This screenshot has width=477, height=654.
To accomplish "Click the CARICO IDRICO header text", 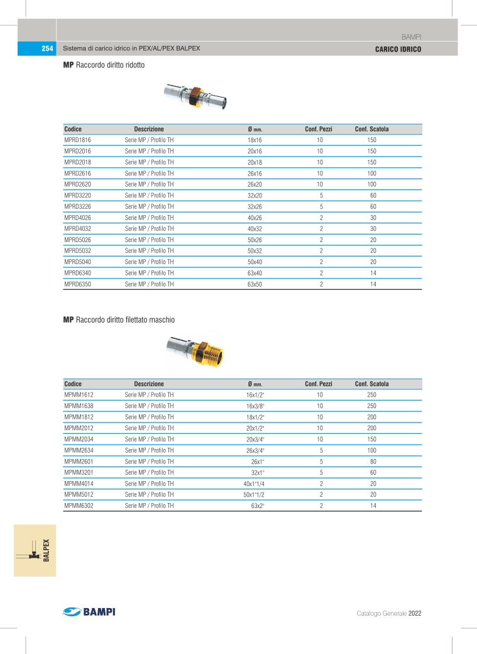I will click(x=398, y=49).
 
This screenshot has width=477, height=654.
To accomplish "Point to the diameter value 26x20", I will click(x=255, y=184).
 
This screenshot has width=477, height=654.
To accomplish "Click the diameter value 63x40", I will click(x=255, y=273).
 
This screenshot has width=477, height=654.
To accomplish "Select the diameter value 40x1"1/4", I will click(x=254, y=484).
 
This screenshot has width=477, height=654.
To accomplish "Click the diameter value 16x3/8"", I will click(x=255, y=406).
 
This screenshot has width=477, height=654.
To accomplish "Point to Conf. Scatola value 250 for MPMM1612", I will click(x=371, y=395).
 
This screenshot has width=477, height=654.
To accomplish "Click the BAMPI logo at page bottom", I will click(x=89, y=612).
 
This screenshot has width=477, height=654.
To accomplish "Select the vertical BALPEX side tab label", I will click(x=46, y=550).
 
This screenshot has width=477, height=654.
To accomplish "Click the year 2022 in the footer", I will click(x=414, y=613).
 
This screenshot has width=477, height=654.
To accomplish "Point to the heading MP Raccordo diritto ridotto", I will click(x=104, y=65).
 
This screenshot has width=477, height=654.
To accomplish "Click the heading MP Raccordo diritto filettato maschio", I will click(x=119, y=320).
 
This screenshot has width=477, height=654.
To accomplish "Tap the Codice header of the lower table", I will click(x=73, y=384).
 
